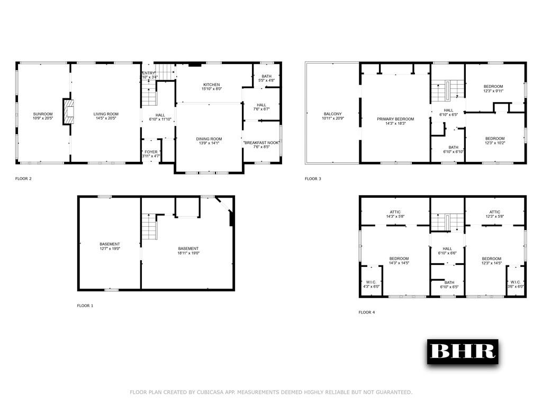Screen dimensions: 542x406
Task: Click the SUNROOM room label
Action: point(43,114)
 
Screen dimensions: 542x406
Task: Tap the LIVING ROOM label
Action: point(106,114)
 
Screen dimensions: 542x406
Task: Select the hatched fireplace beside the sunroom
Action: point(68,112)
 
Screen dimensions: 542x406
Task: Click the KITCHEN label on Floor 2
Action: point(212,85)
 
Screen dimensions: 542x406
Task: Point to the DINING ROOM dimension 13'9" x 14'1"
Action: point(209,143)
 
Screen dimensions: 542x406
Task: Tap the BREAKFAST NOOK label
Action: point(261,143)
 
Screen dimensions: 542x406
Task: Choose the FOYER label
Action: point(151,152)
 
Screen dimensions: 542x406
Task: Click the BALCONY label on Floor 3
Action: point(333,114)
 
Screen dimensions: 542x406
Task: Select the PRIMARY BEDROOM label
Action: point(395,119)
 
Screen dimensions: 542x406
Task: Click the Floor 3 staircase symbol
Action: point(448,90)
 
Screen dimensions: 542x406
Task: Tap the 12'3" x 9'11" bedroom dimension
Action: point(493,91)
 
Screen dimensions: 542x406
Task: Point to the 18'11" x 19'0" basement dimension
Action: point(188,253)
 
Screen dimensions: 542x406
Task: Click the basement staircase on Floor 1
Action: point(149,226)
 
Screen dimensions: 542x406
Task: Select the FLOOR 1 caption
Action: point(85,306)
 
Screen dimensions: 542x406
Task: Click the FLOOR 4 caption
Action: point(367,312)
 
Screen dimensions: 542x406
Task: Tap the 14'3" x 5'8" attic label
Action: point(395,216)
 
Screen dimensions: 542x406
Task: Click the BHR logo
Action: point(463,352)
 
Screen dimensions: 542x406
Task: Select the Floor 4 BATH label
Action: point(449,282)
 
